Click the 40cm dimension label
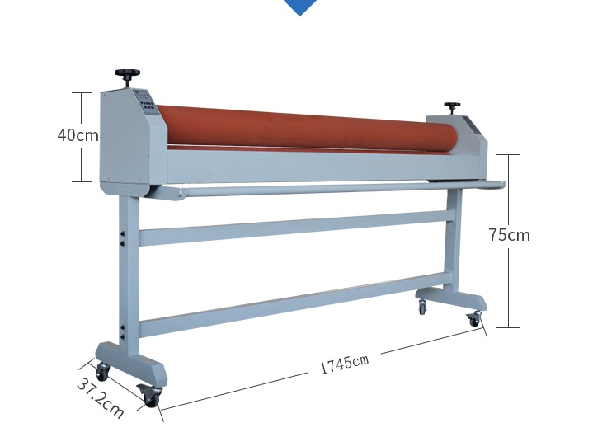[78, 135]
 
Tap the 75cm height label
[509, 235]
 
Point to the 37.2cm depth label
[101, 398]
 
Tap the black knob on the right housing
[452, 108]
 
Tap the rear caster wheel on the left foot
[102, 372]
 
